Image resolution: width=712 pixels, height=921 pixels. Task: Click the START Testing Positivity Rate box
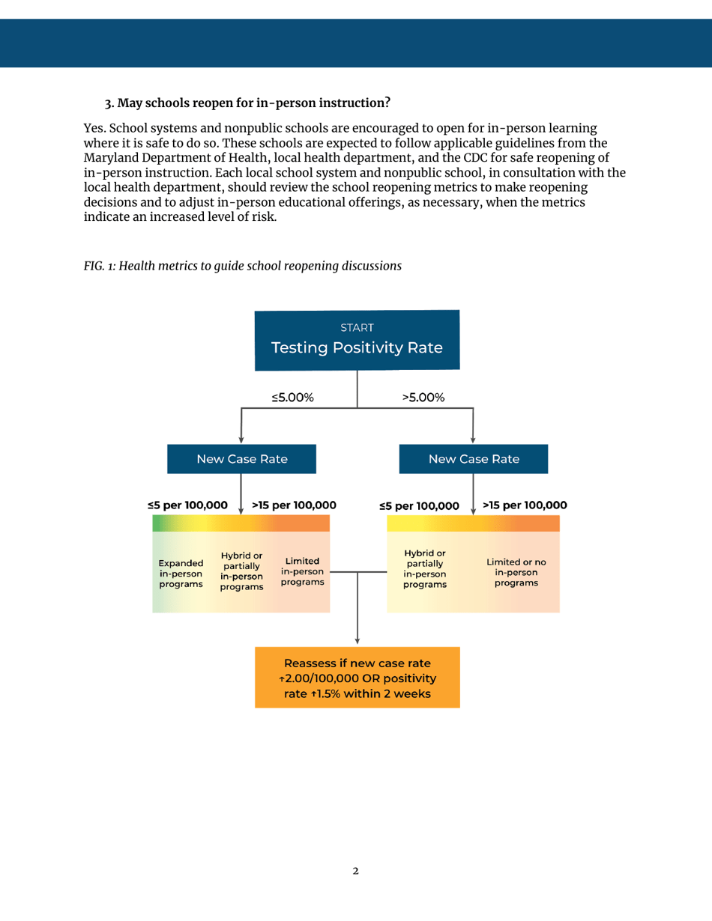[357, 339]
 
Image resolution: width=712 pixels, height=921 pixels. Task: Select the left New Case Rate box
[241, 459]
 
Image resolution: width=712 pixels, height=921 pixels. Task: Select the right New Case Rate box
[473, 459]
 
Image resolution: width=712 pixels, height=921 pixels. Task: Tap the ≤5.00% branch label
[292, 398]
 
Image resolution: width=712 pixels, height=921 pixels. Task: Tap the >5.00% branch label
[423, 398]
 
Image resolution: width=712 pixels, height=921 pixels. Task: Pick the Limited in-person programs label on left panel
[302, 571]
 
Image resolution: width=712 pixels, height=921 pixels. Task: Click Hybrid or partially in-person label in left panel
[241, 571]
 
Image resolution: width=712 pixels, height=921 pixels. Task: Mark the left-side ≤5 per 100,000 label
[188, 505]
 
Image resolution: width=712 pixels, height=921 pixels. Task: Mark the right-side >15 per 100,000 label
[525, 505]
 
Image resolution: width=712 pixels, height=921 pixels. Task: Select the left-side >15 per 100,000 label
[294, 505]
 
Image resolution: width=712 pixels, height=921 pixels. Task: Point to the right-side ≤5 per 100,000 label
[420, 506]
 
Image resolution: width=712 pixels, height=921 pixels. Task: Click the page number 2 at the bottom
[356, 872]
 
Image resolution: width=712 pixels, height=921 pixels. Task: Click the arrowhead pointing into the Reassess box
[357, 641]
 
